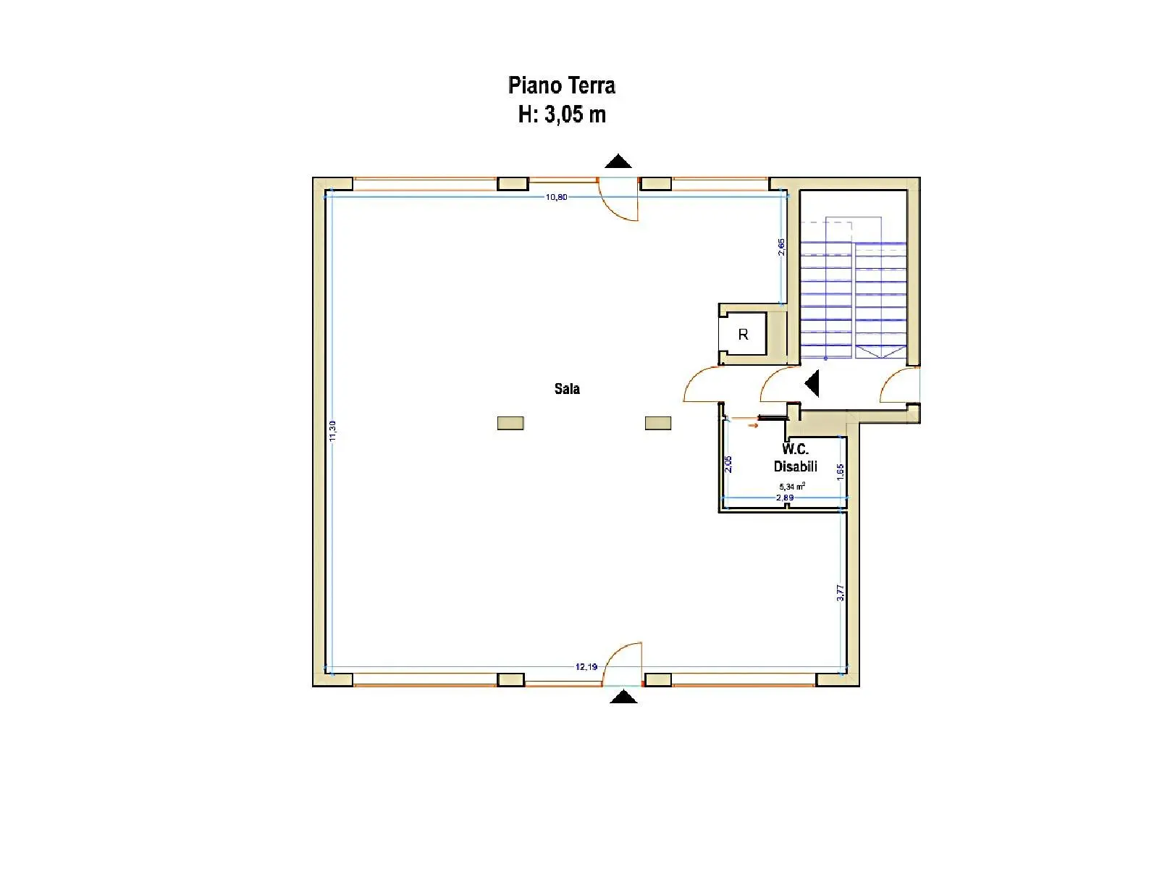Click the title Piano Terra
click(x=561, y=85)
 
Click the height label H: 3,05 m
click(x=562, y=114)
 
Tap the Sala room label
click(x=567, y=389)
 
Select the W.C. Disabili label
click(x=795, y=458)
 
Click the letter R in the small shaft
click(x=743, y=335)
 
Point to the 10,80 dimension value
click(x=556, y=197)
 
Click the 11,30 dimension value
click(x=332, y=431)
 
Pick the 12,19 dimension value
click(x=586, y=666)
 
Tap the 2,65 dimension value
click(x=781, y=246)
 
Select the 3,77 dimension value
click(x=841, y=593)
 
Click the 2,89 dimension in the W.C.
click(x=785, y=498)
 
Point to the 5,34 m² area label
click(x=792, y=486)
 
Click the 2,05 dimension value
click(x=728, y=464)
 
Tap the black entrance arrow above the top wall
click(x=618, y=161)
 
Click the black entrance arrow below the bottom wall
click(x=623, y=696)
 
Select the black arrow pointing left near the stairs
click(x=812, y=384)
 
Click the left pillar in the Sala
click(x=510, y=423)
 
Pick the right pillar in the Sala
click(x=657, y=423)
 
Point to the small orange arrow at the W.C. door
click(x=753, y=425)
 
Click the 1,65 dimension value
click(x=841, y=471)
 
